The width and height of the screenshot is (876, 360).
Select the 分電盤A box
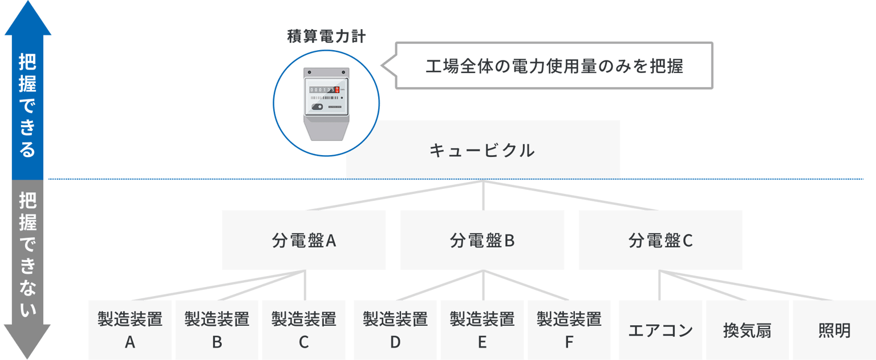[304, 240]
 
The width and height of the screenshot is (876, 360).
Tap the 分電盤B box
[482, 240]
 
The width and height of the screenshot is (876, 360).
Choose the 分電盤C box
[660, 240]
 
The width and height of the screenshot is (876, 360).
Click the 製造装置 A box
[130, 330]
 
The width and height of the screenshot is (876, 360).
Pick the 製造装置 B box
[217, 330]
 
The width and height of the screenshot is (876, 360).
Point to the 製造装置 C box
[304, 330]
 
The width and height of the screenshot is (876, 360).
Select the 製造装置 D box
[395, 330]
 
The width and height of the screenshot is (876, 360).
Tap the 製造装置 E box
[482, 330]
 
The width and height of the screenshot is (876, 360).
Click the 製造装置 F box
[569, 330]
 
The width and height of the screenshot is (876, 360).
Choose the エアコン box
[660, 330]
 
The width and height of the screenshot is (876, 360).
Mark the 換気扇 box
[747, 330]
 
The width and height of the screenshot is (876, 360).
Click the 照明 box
[834, 330]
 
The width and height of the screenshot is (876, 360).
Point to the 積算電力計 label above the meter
[326, 37]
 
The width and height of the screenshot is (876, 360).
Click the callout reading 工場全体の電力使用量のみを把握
[547, 66]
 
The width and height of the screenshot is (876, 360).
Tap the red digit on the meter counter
[337, 90]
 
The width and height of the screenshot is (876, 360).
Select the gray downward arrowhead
[27, 341]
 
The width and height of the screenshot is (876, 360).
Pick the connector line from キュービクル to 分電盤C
[571, 196]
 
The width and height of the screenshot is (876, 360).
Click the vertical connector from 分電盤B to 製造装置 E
[484, 285]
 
